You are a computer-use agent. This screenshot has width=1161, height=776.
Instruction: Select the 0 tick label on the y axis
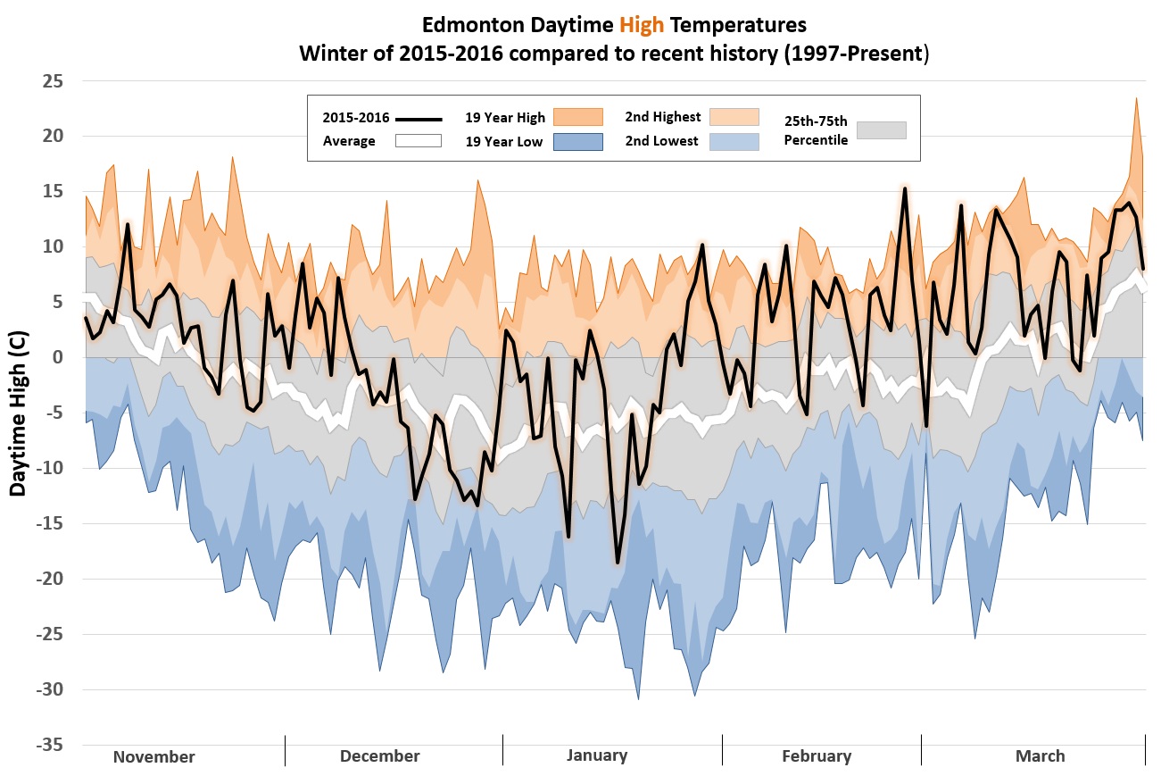click(59, 357)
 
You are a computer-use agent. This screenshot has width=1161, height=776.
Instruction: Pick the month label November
click(153, 756)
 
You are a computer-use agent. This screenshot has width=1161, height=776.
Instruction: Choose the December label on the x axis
click(379, 755)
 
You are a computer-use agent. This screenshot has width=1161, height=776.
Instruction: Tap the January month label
click(597, 755)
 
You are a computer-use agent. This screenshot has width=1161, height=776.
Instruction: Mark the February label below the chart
click(817, 755)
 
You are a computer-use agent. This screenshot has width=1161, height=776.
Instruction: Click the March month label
click(1040, 755)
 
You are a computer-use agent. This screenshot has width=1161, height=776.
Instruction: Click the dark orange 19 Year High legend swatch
click(578, 117)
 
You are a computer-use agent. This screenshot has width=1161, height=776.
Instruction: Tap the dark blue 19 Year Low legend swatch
click(578, 141)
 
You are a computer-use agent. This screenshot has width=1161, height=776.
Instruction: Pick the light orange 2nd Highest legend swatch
click(734, 117)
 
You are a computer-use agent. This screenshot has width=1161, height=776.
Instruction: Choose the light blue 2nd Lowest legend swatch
click(734, 141)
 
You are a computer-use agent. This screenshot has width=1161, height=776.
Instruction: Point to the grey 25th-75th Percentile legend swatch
click(881, 129)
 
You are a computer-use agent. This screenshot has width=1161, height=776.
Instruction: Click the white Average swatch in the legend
click(419, 141)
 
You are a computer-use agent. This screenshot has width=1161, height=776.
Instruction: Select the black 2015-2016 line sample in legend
click(419, 118)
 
